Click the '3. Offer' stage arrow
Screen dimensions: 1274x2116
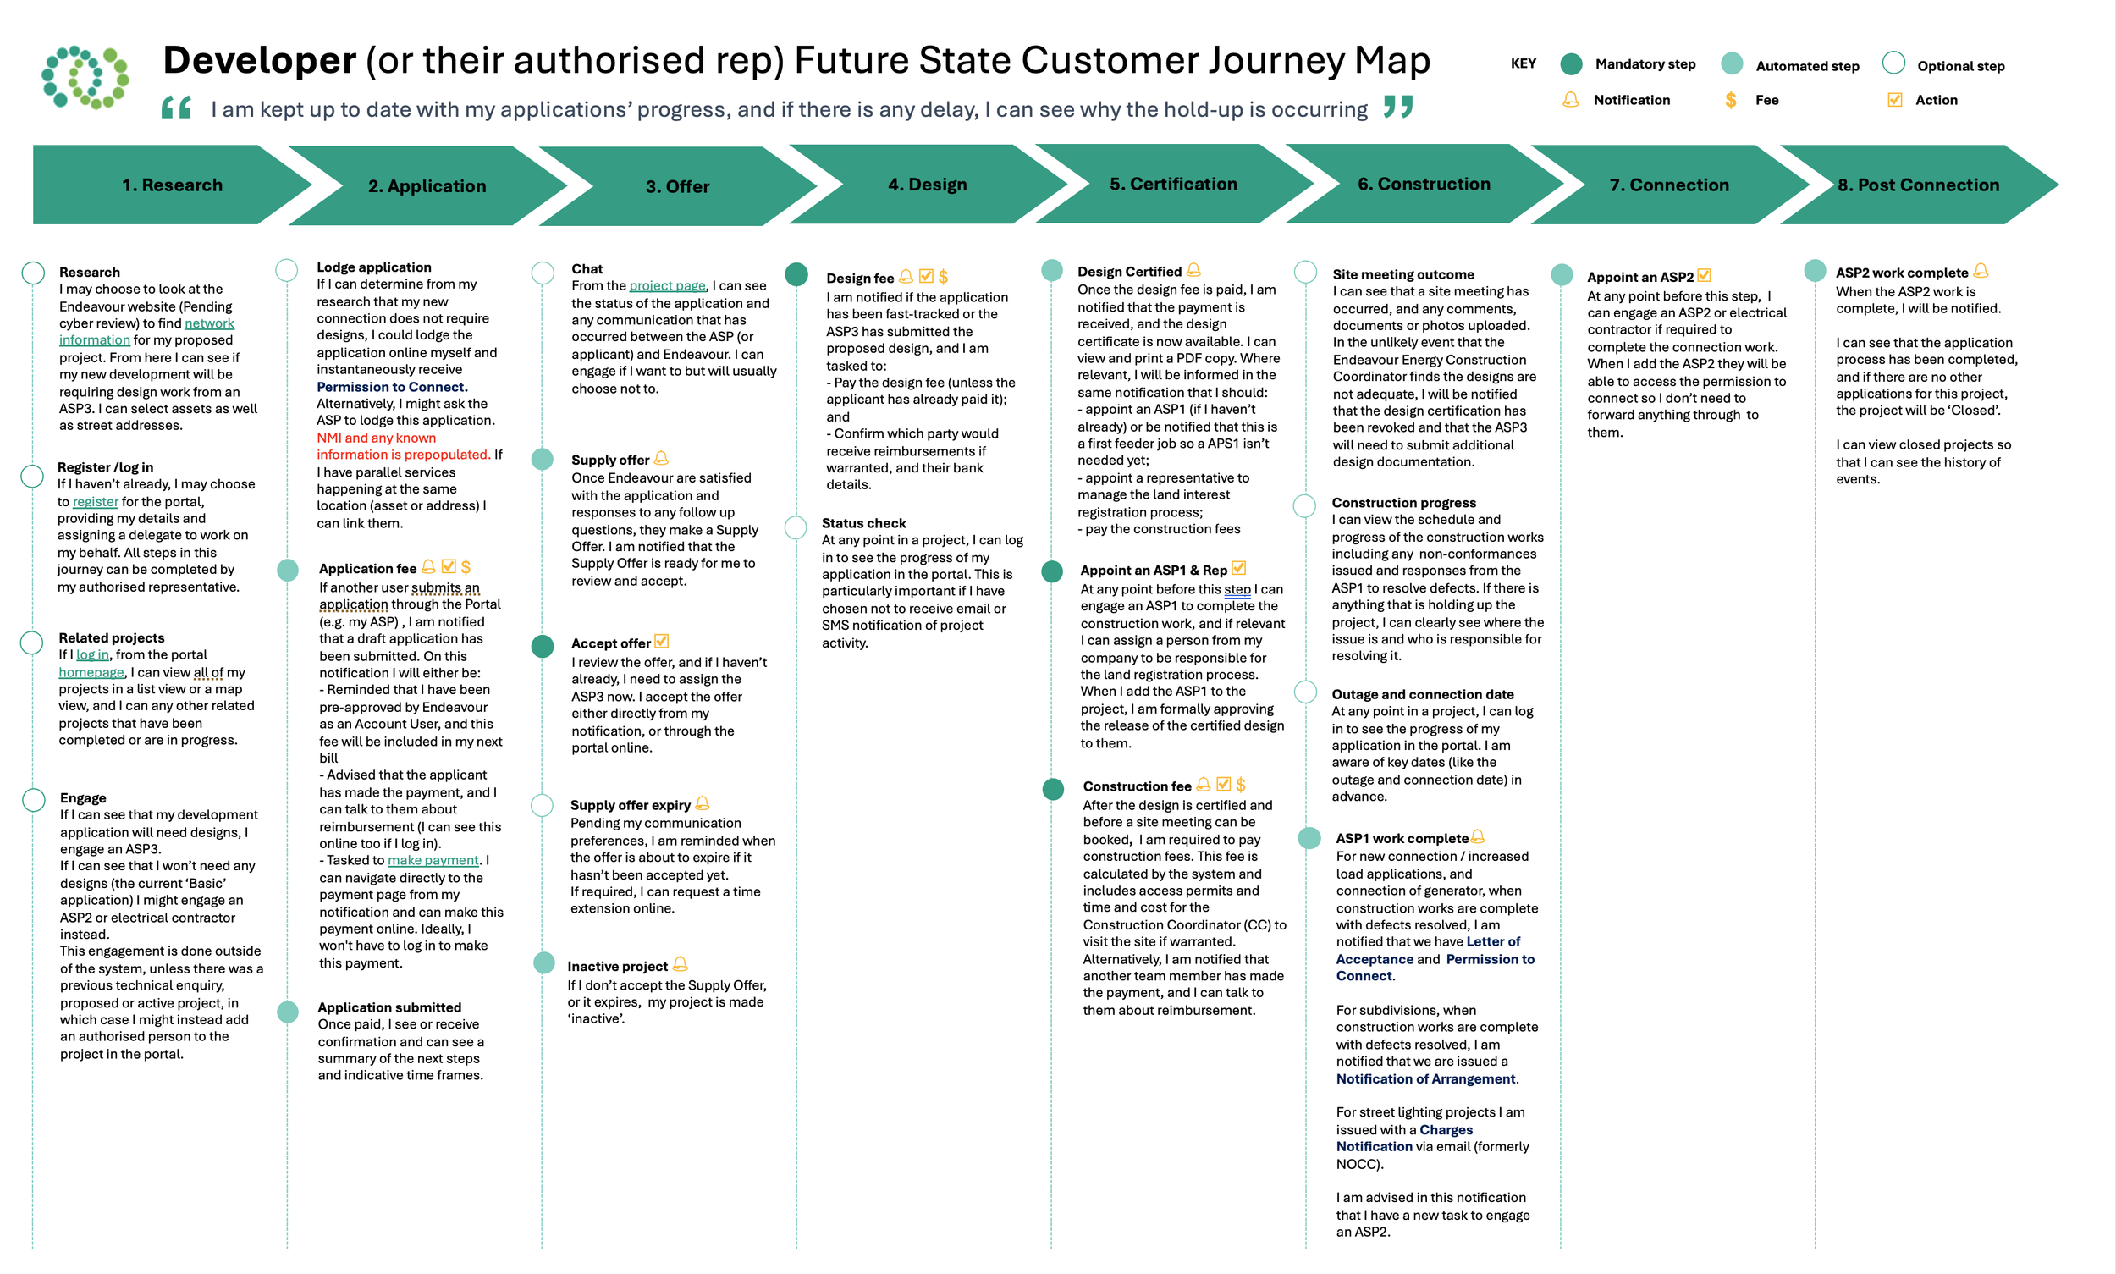click(676, 186)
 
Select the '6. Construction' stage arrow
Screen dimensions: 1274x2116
click(1424, 185)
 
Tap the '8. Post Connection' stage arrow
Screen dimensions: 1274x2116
click(1918, 185)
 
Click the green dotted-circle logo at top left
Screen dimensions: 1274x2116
click(85, 77)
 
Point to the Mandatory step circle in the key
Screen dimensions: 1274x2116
click(1570, 64)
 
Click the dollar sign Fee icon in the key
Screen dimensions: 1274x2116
click(1731, 101)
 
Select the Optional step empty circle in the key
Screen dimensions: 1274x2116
click(1893, 63)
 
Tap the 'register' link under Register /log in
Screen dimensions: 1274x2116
click(96, 501)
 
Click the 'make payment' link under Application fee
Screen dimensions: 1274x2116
click(433, 860)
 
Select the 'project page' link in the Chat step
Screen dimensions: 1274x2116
click(667, 286)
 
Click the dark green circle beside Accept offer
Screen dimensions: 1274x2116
click(543, 646)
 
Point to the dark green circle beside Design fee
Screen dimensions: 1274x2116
click(796, 275)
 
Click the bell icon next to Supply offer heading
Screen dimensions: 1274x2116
click(661, 459)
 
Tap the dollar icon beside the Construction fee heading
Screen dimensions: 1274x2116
click(1241, 785)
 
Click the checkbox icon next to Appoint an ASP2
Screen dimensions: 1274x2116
click(1704, 276)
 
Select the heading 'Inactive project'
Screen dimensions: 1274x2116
click(617, 967)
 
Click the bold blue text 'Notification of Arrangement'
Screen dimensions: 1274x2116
click(1425, 1079)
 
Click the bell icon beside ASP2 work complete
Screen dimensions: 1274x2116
click(1981, 271)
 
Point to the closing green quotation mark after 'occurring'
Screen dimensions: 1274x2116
click(1397, 108)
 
